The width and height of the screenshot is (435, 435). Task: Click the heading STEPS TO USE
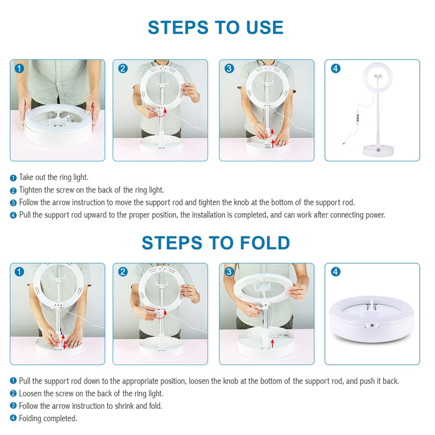click(215, 27)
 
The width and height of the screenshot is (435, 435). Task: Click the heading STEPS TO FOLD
click(215, 243)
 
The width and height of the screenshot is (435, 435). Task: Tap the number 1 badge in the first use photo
click(20, 69)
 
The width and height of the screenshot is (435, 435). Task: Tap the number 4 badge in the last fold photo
click(335, 271)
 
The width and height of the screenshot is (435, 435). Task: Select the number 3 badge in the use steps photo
click(229, 69)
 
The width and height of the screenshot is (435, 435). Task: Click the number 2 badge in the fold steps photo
click(123, 271)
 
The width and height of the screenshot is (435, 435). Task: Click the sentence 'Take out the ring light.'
click(53, 177)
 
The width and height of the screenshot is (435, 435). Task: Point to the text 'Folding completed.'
click(48, 418)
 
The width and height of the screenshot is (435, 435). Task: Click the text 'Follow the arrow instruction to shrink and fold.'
click(90, 406)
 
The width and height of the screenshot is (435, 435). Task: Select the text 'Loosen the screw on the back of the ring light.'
click(91, 393)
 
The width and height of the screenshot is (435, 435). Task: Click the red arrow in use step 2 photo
click(160, 112)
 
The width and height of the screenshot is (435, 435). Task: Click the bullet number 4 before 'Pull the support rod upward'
click(14, 215)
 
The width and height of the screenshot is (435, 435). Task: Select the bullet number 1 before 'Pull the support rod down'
click(14, 381)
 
